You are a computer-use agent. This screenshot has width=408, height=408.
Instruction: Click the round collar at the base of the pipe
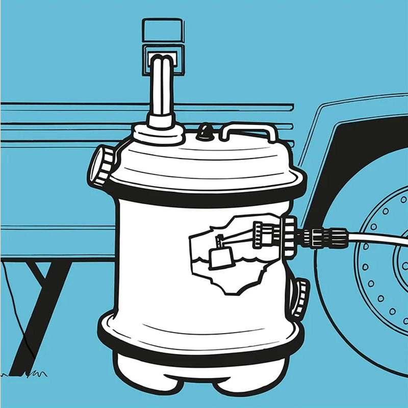pos(159,133)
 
